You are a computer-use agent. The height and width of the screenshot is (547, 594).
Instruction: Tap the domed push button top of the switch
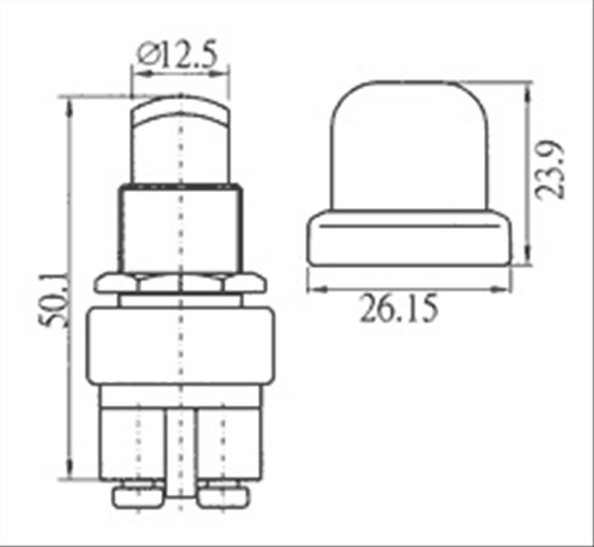click(x=180, y=139)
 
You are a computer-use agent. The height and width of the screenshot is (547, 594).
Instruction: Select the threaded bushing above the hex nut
click(x=180, y=228)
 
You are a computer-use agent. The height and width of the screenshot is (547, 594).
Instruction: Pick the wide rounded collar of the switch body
click(x=180, y=346)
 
